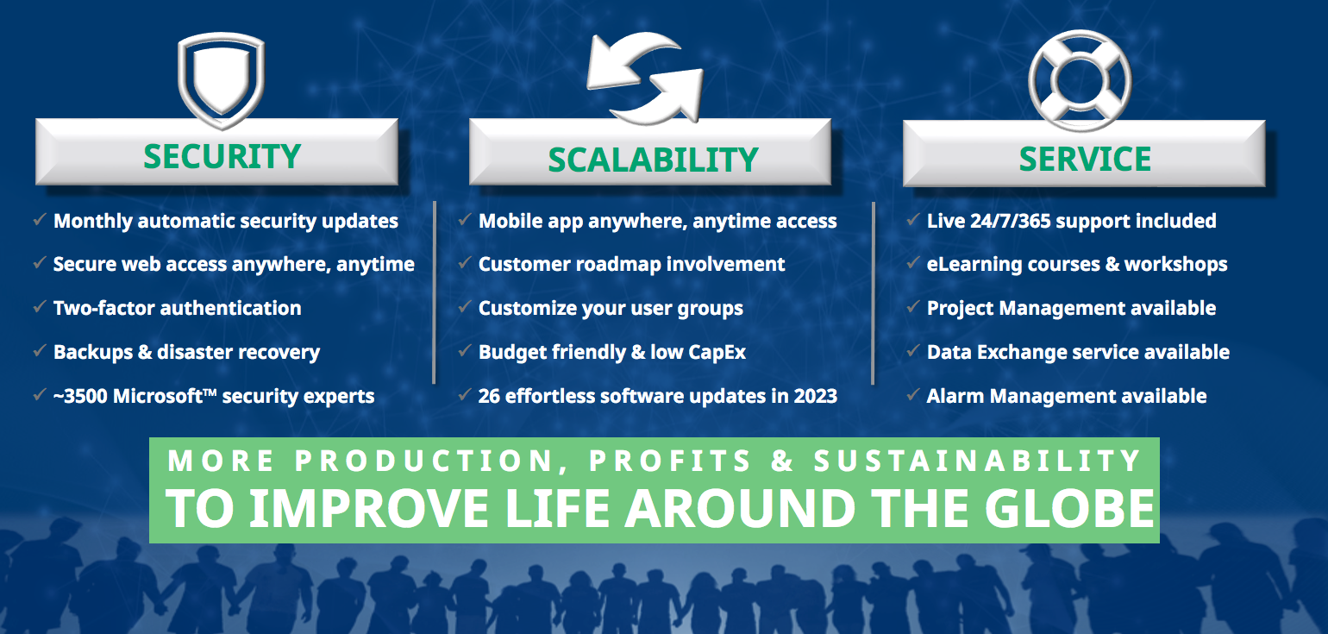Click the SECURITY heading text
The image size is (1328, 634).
coord(222,156)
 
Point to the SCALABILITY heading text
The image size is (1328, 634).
coord(653,160)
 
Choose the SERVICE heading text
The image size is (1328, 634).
coord(1085,159)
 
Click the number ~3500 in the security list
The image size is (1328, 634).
coord(80,397)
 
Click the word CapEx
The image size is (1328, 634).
coord(717,352)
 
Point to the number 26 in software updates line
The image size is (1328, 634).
coord(490,397)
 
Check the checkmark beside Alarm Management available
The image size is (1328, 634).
coord(913,395)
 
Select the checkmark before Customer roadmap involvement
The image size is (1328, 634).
coord(465,263)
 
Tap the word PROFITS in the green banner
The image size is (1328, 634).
coord(670,461)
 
